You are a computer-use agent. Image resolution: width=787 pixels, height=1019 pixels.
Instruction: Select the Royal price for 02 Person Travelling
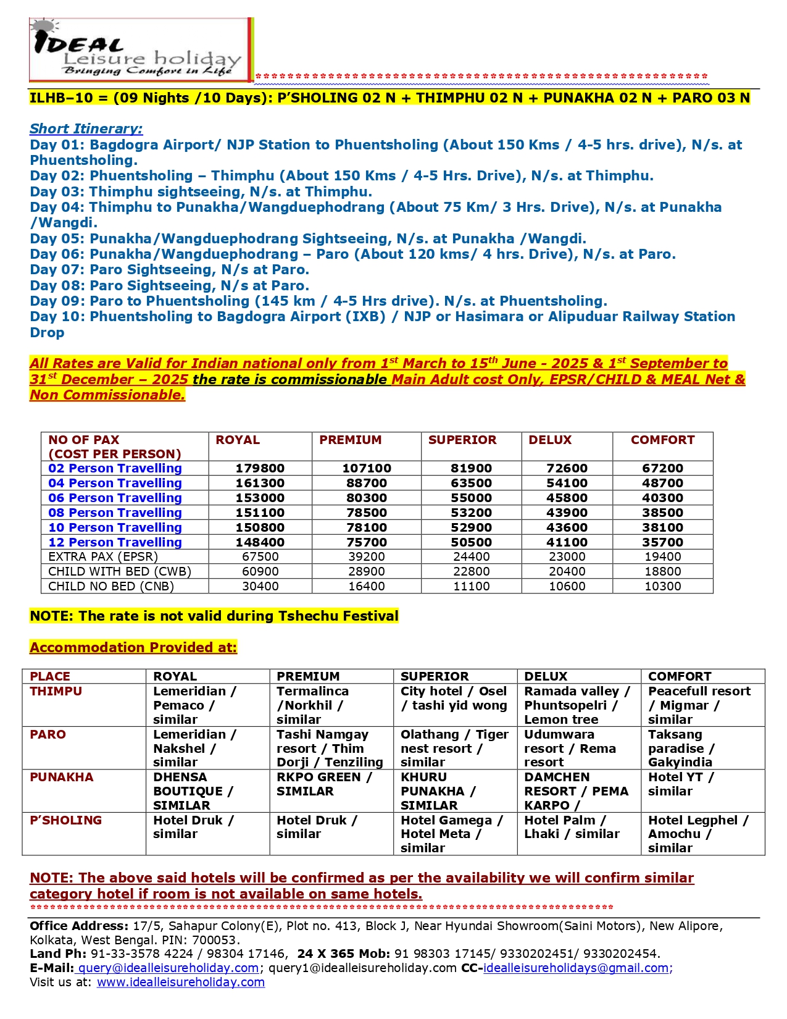coord(260,469)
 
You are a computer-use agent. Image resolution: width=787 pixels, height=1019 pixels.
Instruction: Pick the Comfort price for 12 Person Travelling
coord(662,542)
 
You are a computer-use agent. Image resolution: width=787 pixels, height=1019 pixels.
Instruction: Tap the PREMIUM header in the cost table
coord(350,440)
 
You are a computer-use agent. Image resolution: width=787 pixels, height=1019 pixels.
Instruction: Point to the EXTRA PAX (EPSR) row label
coord(103,557)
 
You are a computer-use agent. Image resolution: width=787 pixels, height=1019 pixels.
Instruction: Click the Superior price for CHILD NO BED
coord(471,586)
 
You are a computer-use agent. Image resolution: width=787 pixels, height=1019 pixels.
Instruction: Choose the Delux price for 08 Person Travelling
coord(567,513)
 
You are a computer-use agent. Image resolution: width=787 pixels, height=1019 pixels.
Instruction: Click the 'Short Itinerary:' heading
coord(86,129)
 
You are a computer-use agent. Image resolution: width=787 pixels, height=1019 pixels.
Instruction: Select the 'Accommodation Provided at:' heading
coord(133,648)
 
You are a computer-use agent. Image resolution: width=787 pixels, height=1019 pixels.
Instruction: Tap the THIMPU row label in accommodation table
coord(56,692)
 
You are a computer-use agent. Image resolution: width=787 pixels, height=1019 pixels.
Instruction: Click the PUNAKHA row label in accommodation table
coord(62,778)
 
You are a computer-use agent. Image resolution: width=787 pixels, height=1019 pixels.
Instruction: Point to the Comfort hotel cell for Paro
coord(681,749)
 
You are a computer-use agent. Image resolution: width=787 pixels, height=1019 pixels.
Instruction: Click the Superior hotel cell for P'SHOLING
coord(451,834)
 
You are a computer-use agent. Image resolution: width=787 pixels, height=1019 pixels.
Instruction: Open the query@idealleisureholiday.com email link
coord(168,968)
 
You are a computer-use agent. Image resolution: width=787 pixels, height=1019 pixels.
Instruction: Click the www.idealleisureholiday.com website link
coord(181,983)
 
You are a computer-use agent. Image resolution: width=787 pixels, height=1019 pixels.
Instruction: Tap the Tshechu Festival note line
coord(214,616)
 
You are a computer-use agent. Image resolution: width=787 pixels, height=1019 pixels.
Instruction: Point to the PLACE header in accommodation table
coord(50,677)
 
